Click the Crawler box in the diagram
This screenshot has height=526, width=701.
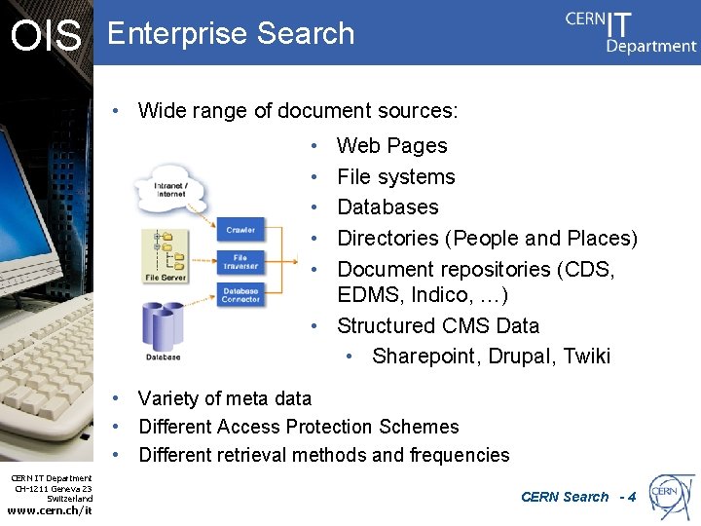[x=240, y=230]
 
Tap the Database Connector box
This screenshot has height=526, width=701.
[x=240, y=293]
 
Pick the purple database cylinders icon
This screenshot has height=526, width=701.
[x=164, y=326]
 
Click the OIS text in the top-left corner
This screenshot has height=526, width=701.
[x=46, y=36]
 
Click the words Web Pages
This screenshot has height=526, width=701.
[x=391, y=146]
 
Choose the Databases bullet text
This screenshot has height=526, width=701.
[x=387, y=207]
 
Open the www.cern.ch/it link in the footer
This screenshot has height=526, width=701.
[x=50, y=510]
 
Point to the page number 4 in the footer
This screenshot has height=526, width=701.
[x=632, y=497]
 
